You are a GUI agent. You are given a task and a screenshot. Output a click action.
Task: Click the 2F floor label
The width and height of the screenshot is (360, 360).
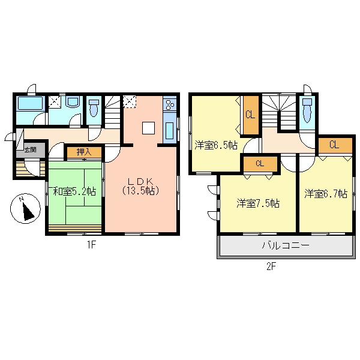pyautogui.click(x=270, y=267)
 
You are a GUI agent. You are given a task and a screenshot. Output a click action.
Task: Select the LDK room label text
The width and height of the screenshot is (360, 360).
pyautogui.click(x=142, y=186)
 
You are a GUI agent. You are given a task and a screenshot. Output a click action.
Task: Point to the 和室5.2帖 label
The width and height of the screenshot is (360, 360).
pyautogui.click(x=74, y=192)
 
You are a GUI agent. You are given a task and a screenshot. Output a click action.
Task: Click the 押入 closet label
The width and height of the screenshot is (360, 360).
pyautogui.click(x=83, y=152)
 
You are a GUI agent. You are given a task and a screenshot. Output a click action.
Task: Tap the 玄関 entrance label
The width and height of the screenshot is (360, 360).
pyautogui.click(x=30, y=149)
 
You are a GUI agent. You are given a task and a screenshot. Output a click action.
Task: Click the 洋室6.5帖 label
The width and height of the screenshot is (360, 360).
pyautogui.click(x=215, y=146)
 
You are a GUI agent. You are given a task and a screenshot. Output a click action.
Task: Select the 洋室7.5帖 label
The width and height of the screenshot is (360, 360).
pyautogui.click(x=257, y=203)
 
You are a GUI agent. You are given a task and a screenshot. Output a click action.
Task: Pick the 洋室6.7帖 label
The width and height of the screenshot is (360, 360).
pyautogui.click(x=325, y=194)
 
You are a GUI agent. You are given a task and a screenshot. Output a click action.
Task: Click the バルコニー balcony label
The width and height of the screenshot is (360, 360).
pyautogui.click(x=285, y=246)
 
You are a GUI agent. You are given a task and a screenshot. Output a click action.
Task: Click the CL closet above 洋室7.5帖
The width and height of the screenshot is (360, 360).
pyautogui.click(x=260, y=163)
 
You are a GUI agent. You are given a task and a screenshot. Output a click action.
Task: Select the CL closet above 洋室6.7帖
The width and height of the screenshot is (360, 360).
pyautogui.click(x=334, y=145)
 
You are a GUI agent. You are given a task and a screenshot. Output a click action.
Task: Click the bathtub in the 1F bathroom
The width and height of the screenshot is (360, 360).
pyautogui.click(x=28, y=104)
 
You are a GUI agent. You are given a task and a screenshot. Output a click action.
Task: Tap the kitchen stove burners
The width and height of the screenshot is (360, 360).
pyautogui.click(x=169, y=104)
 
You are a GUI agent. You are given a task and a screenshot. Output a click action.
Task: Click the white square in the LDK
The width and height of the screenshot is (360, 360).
pyautogui.click(x=148, y=128)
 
